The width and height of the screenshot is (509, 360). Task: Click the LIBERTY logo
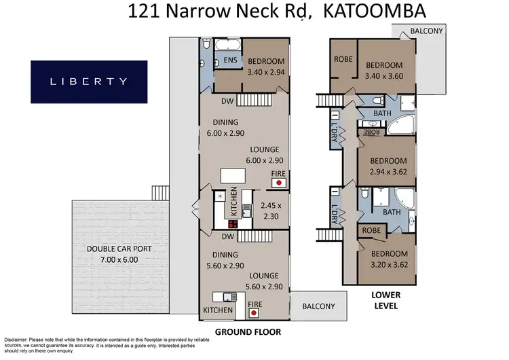pyautogui.click(x=89, y=82)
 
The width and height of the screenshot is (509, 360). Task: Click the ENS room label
pyautogui.click(x=229, y=60)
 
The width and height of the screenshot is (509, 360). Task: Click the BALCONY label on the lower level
pyautogui.click(x=427, y=31)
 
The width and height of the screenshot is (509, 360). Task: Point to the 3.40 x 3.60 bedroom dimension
pyautogui.click(x=384, y=76)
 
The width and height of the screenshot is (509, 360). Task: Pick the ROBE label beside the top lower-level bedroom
pyautogui.click(x=343, y=58)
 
